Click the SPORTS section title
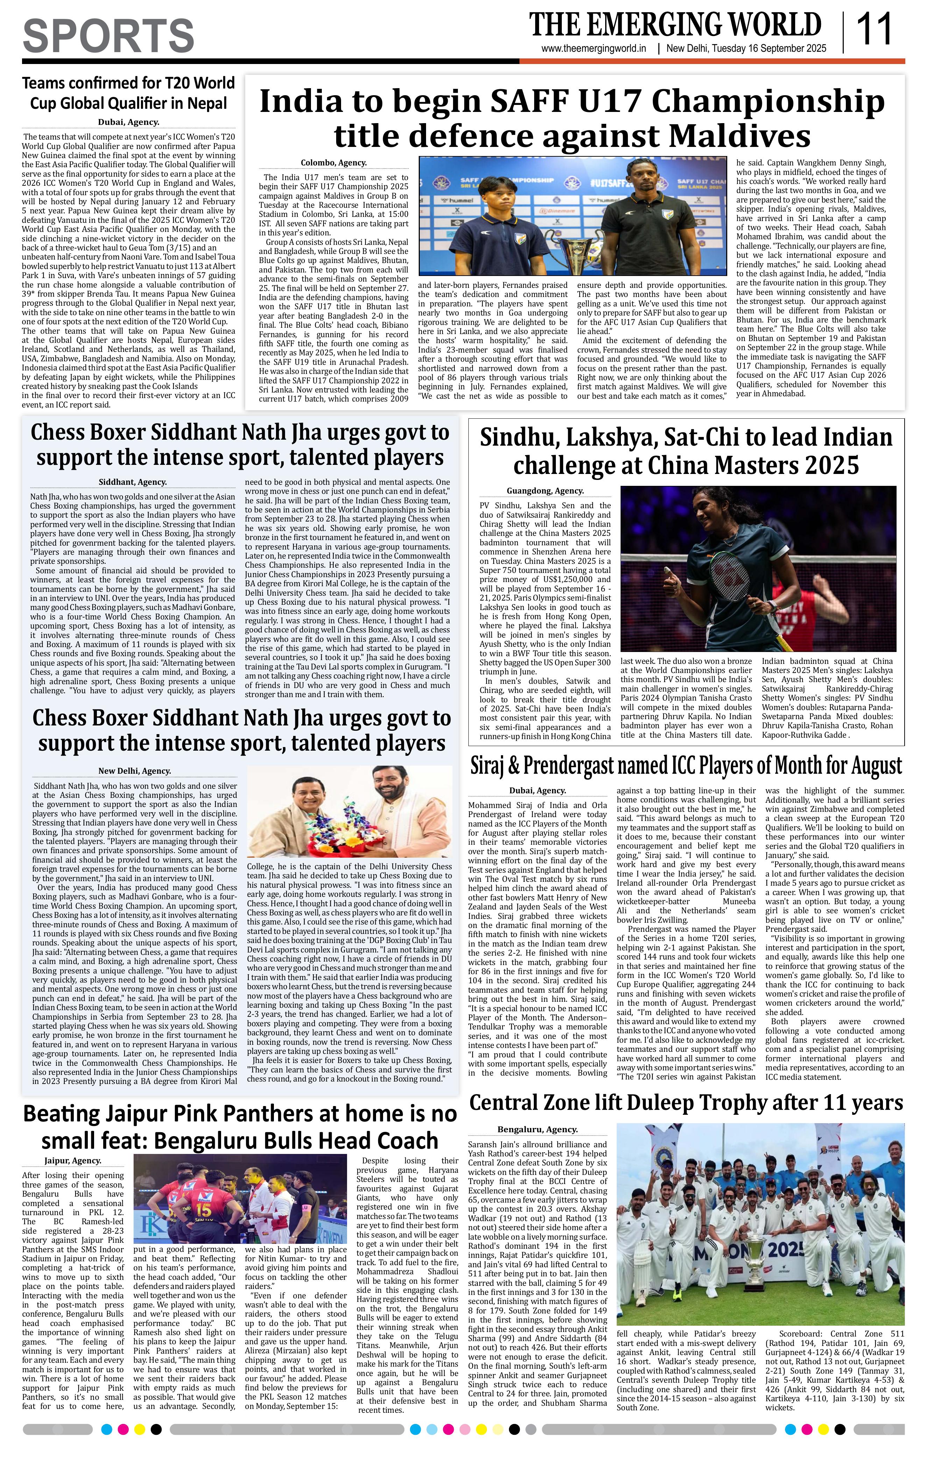tap(108, 35)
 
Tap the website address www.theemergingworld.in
tap(594, 49)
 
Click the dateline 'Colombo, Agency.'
tap(333, 163)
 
